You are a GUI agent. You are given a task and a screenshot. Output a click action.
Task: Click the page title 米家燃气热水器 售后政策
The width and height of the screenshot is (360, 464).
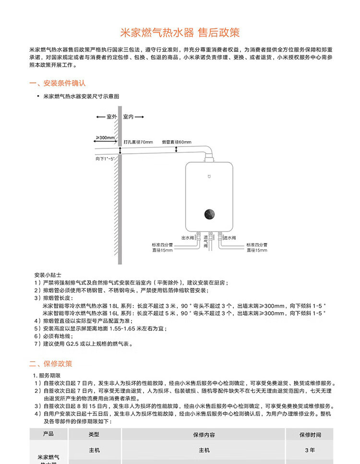(180, 33)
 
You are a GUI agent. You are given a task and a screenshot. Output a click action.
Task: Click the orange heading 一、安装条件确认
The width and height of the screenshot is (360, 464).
(57, 83)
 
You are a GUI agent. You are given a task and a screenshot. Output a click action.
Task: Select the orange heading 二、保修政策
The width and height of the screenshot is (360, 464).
(51, 364)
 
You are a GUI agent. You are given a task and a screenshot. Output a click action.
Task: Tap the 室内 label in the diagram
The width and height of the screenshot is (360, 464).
(129, 117)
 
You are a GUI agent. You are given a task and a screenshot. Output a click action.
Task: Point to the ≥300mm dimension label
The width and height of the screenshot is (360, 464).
(105, 138)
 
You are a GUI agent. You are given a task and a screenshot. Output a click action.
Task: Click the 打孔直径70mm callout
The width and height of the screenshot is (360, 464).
(138, 142)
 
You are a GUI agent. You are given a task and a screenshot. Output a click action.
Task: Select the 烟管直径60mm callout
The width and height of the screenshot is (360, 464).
(176, 142)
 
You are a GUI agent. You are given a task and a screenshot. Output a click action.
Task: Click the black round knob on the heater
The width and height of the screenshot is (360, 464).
(209, 213)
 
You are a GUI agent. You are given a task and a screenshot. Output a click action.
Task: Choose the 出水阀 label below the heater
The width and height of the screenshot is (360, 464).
(187, 238)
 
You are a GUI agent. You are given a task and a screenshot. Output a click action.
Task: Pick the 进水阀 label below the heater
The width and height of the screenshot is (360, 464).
(230, 238)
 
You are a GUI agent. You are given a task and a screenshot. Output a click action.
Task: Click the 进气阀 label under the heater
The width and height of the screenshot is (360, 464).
(205, 242)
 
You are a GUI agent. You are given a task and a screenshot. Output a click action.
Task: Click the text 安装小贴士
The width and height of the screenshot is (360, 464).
(48, 275)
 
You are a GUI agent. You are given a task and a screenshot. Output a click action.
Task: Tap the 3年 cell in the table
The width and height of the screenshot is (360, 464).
(310, 450)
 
